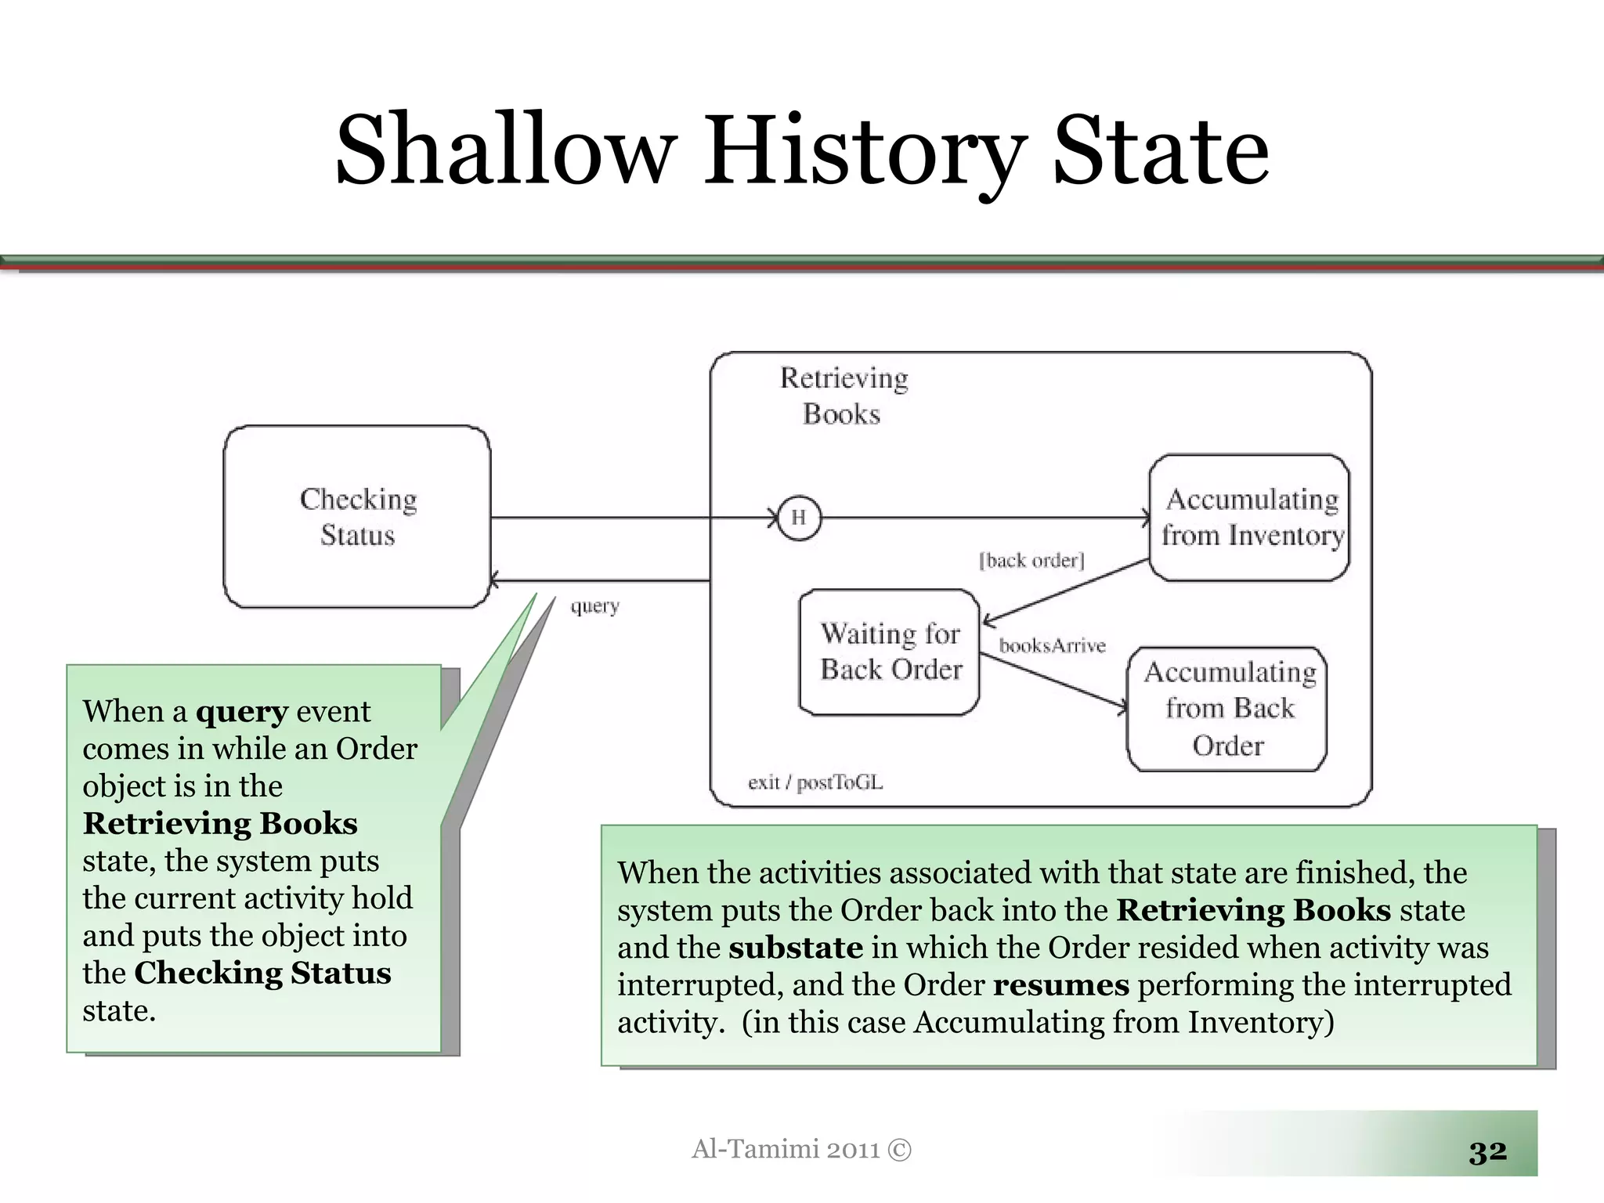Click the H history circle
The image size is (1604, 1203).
[799, 518]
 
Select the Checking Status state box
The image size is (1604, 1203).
[357, 517]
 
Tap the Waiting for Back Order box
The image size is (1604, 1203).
[890, 652]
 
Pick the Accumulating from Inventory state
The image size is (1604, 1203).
[1250, 518]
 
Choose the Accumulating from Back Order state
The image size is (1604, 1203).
[1227, 709]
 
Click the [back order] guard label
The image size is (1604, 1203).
[1031, 561]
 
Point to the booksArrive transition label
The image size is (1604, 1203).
[1052, 646]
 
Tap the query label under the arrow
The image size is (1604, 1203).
[594, 606]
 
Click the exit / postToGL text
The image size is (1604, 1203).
[815, 782]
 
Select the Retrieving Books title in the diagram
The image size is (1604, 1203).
[843, 396]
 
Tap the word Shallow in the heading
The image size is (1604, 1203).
[506, 150]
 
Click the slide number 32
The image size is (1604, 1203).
[1487, 1151]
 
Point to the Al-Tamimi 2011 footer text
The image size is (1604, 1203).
[801, 1149]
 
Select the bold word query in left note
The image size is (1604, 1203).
[241, 712]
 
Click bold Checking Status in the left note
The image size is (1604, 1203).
[262, 974]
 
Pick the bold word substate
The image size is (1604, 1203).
[796, 948]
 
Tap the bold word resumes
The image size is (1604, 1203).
[1061, 985]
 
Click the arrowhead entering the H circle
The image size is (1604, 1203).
[774, 518]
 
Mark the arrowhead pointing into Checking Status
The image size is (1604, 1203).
[495, 581]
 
